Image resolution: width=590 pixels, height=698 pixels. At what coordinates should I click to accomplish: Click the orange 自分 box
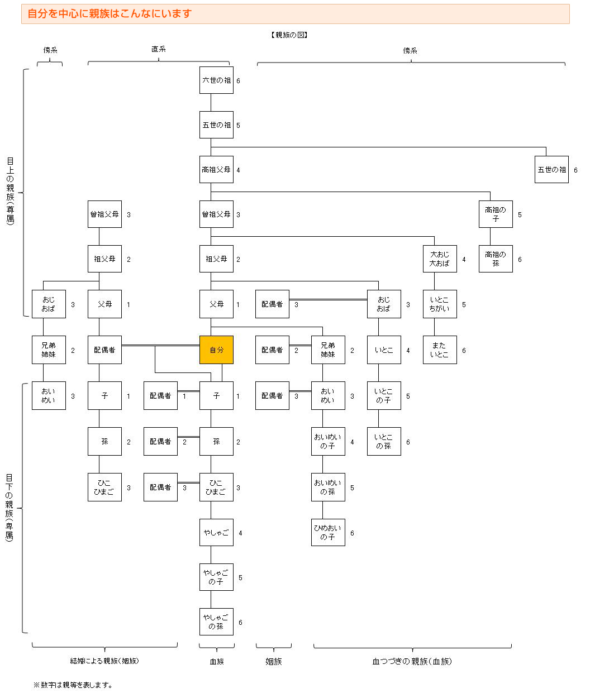pos(216,350)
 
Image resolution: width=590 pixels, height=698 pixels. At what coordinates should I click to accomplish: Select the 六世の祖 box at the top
pos(216,80)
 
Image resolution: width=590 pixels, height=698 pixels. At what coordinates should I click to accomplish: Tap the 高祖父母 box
pos(216,170)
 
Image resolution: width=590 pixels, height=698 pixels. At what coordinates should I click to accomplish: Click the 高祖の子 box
pos(496,214)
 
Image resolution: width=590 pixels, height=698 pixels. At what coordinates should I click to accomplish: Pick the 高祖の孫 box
pos(496,259)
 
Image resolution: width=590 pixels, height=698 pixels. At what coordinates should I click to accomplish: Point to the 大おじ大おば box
pos(440,259)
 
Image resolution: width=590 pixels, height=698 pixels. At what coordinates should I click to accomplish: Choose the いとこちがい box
pos(440,304)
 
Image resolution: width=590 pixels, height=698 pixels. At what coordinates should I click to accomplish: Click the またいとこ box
pos(440,350)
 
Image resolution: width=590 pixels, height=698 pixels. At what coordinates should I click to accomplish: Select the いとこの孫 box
pos(384,442)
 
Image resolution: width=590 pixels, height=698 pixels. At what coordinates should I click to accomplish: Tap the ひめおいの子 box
pos(328,533)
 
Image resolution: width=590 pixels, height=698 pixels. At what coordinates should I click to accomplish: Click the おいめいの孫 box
pos(328,487)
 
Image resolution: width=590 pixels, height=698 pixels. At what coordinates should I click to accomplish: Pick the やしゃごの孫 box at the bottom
pos(216,622)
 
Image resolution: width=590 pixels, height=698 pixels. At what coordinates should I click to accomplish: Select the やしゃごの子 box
pos(216,577)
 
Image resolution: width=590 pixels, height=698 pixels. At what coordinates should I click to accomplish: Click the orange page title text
pos(110,14)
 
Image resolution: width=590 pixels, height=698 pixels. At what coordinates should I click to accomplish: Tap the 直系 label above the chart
pos(159,50)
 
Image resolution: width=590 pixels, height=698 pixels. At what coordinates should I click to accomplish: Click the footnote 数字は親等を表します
pos(73,685)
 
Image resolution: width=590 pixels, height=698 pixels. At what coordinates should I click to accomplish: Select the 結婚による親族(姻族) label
pos(104,661)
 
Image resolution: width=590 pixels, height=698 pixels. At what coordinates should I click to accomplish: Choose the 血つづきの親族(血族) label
pos(412,662)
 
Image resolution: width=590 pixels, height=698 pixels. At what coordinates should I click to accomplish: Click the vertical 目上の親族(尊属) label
pos(10,190)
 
